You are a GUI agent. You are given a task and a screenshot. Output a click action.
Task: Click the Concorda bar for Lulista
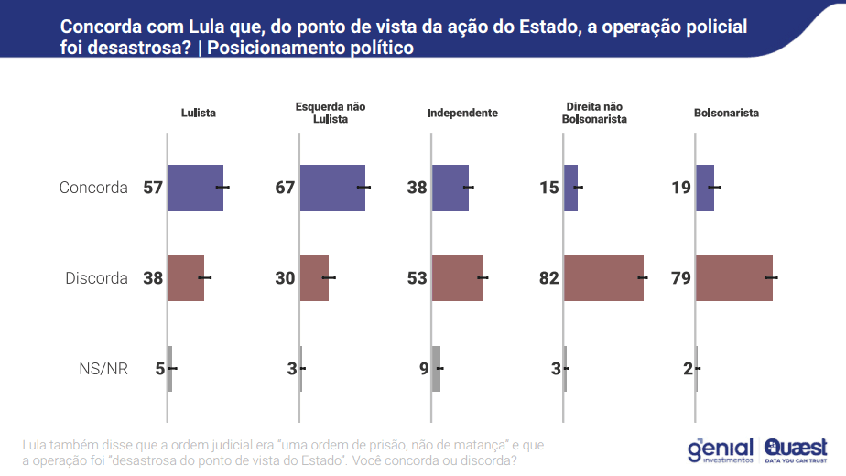(195, 188)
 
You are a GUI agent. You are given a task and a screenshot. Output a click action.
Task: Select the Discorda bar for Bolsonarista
(733, 278)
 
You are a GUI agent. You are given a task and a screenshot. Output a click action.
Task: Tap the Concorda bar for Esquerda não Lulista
(331, 188)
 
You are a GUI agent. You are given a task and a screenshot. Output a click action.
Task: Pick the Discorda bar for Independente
(457, 278)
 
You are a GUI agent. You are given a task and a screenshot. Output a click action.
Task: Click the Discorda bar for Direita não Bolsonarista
(603, 278)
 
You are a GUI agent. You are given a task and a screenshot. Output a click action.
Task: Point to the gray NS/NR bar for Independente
(436, 369)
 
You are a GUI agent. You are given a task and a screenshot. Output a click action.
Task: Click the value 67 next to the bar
(285, 188)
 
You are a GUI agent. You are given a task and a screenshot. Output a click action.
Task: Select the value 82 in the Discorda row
(548, 278)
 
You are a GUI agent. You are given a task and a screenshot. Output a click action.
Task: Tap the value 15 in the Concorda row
(549, 188)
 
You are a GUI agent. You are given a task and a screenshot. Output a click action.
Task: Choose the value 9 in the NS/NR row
(424, 369)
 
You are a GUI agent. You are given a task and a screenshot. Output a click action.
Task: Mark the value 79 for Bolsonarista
(680, 278)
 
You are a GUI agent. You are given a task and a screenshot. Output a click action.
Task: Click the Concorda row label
(93, 188)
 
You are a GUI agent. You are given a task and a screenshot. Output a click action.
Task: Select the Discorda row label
(96, 278)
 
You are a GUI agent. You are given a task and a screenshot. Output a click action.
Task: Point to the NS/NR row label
(103, 369)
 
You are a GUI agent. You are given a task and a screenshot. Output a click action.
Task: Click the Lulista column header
(199, 114)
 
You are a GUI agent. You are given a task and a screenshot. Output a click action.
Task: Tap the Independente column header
(462, 114)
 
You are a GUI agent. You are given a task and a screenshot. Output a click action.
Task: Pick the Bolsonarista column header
(726, 114)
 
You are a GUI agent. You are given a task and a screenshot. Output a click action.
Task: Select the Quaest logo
(796, 449)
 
